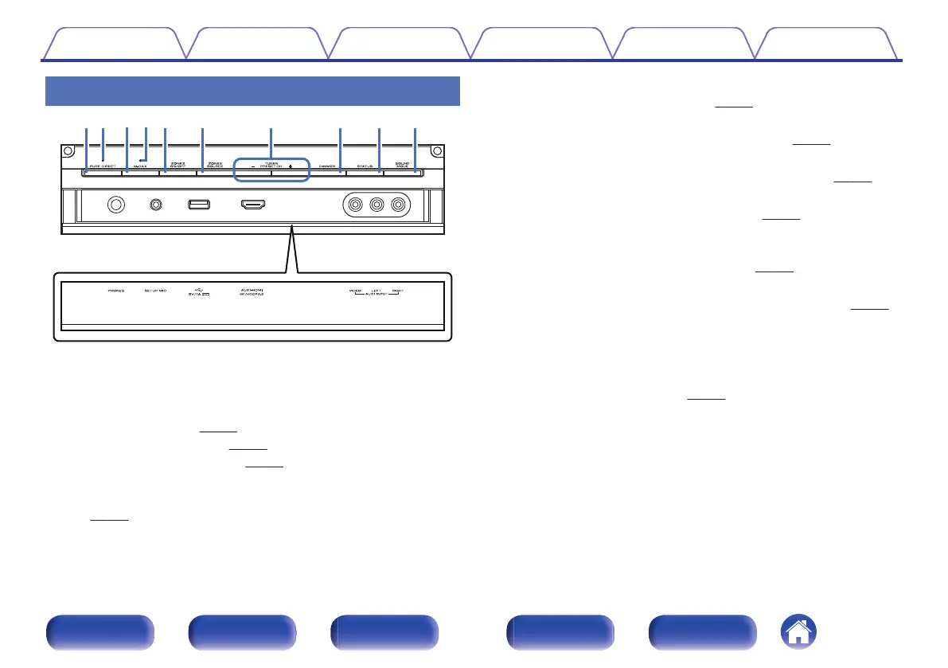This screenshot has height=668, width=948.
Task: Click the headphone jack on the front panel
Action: tap(116, 205)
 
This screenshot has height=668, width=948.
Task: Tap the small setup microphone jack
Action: tap(156, 205)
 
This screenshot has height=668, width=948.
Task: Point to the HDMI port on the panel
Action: tap(253, 205)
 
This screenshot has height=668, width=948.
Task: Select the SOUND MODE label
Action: tap(403, 164)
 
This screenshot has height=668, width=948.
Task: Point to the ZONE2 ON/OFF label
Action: tap(178, 164)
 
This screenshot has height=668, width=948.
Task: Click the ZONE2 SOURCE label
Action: tap(214, 164)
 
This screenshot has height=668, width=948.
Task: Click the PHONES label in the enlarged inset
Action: tap(116, 291)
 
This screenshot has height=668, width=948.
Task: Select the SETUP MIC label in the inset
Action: tap(155, 291)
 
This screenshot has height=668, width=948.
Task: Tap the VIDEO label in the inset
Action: tap(355, 291)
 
